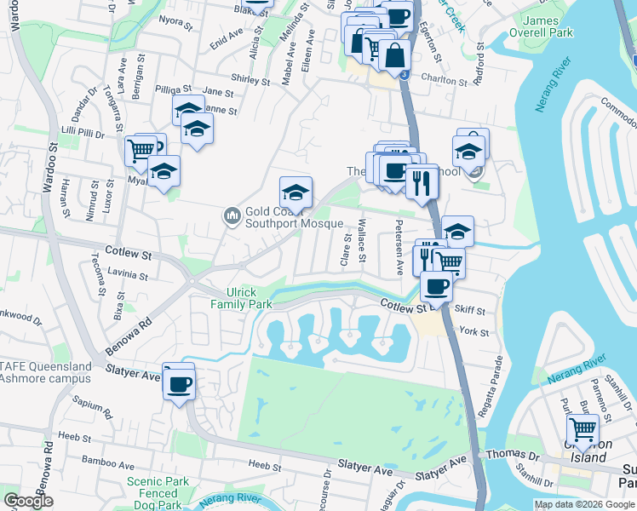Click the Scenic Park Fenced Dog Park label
click(x=158, y=493)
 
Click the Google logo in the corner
click(x=29, y=501)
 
